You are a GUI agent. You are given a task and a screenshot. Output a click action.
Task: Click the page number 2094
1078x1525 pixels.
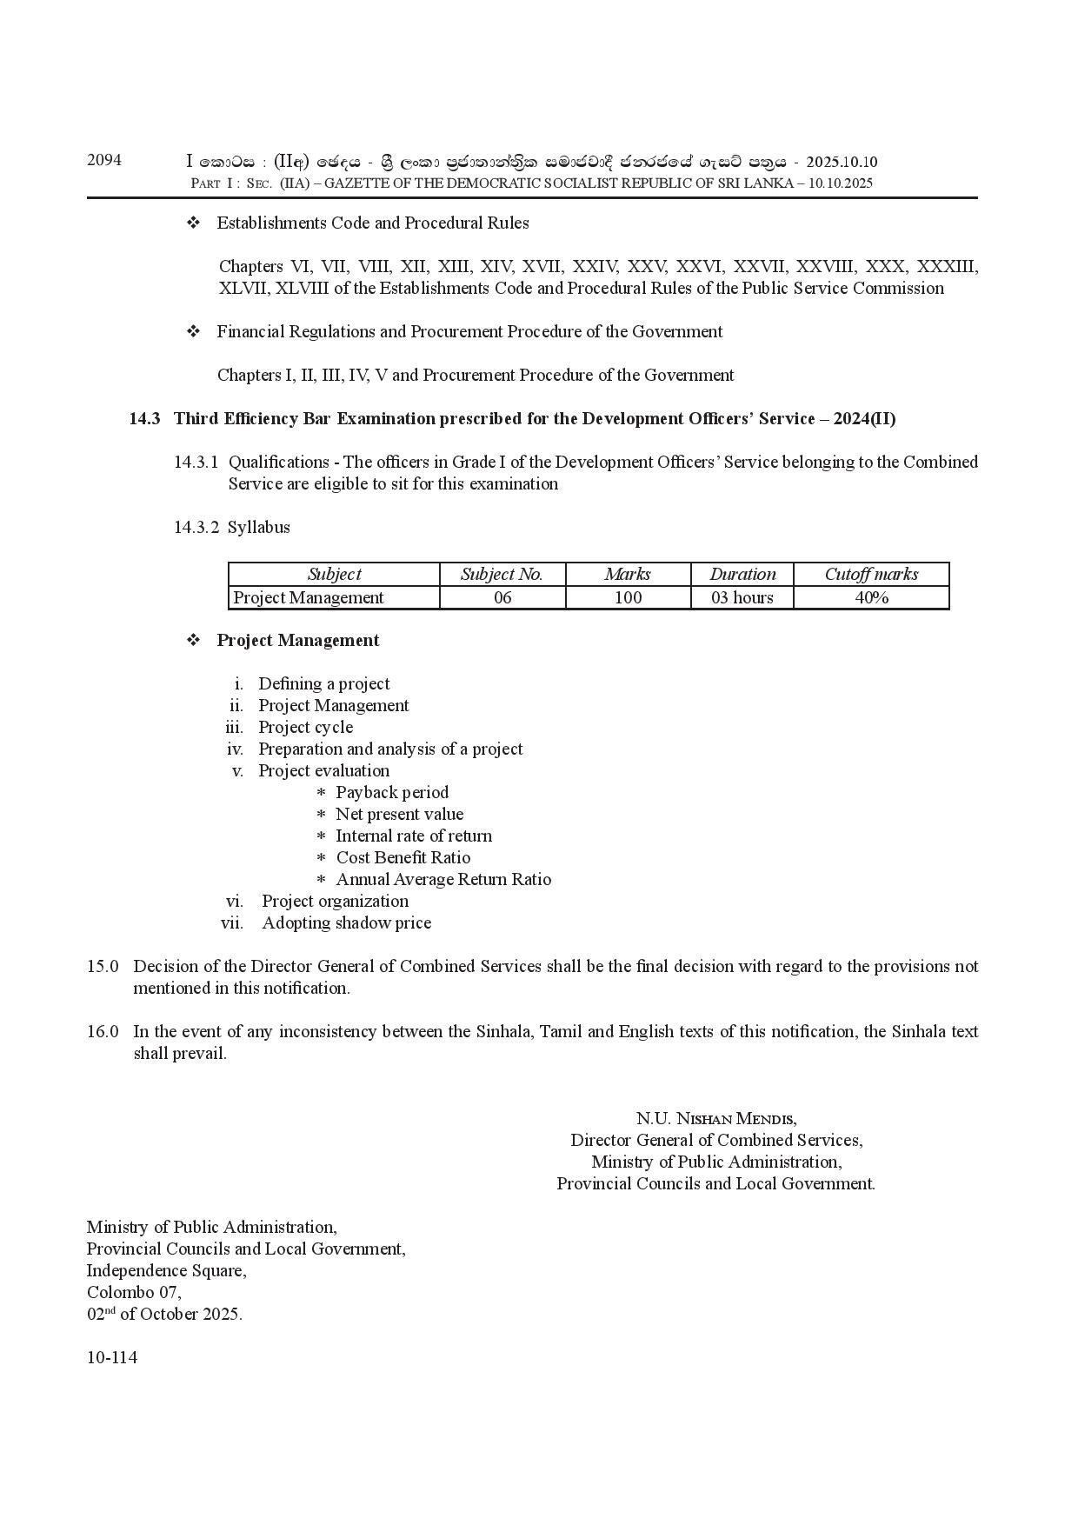104,160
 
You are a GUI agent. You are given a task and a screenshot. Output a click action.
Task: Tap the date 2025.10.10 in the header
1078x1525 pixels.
842,163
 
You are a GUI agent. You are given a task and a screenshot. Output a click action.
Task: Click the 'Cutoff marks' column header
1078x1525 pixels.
871,574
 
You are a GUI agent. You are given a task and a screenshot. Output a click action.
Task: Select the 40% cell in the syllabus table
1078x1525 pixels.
871,597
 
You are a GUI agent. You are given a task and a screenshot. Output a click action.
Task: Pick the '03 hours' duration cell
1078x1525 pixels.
742,597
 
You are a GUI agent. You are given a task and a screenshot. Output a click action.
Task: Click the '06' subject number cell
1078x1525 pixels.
502,597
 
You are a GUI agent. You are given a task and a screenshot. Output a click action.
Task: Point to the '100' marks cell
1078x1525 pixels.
628,597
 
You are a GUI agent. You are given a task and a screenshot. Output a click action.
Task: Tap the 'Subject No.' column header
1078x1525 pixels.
502,574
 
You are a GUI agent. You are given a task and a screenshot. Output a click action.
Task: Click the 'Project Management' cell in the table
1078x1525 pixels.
309,597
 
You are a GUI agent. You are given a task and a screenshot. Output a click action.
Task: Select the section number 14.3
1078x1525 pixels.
144,418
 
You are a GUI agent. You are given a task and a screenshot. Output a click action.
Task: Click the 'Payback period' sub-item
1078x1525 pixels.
392,792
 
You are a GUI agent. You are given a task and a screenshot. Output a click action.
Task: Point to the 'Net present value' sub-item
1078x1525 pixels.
400,814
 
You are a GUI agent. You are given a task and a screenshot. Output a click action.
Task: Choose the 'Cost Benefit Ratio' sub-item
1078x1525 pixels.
403,857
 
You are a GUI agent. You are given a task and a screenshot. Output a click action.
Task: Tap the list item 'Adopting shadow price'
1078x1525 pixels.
347,922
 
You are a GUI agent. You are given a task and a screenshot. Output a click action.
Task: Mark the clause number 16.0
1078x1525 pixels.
103,1031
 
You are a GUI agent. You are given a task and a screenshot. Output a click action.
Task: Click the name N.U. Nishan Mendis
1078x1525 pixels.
716,1118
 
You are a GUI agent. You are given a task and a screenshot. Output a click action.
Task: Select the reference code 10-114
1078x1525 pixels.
112,1357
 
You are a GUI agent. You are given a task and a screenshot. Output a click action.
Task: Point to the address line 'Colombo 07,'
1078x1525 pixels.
134,1292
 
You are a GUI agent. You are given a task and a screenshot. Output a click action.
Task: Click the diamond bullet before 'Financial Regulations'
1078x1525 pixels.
194,331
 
